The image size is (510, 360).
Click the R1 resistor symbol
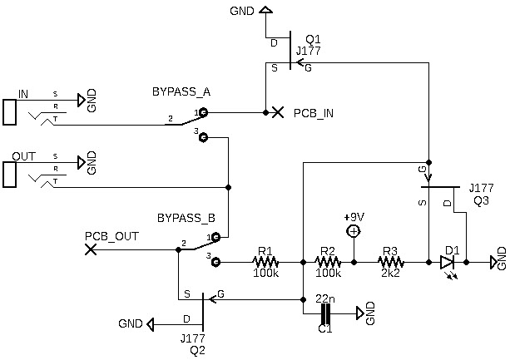pos(265,261)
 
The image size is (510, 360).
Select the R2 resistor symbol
pos(328,261)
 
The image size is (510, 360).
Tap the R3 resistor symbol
pos(390,261)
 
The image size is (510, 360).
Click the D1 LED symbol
pos(448,261)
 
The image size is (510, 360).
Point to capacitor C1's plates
pos(325,313)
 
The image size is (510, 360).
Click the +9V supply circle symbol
pos(354,231)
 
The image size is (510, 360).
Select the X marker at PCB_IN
pos(278,111)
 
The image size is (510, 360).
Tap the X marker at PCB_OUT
pos(92,249)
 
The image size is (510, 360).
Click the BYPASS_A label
pos(181,91)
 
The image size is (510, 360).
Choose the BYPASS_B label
pos(186,219)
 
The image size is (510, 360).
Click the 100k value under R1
pos(265,273)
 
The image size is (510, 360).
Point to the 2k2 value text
pos(390,273)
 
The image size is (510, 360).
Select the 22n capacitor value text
pos(325,298)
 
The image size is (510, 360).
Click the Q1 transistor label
pos(312,39)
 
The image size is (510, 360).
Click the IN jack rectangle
pos(10,112)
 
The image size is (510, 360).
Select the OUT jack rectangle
pos(10,174)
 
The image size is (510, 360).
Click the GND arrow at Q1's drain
pos(265,11)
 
